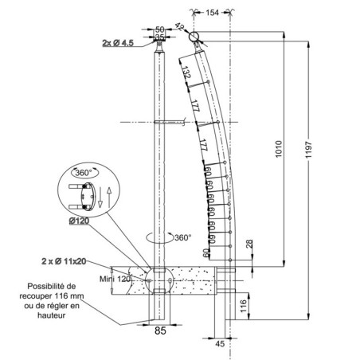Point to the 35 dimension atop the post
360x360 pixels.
(159, 37)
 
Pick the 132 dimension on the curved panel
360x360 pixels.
(186, 75)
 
